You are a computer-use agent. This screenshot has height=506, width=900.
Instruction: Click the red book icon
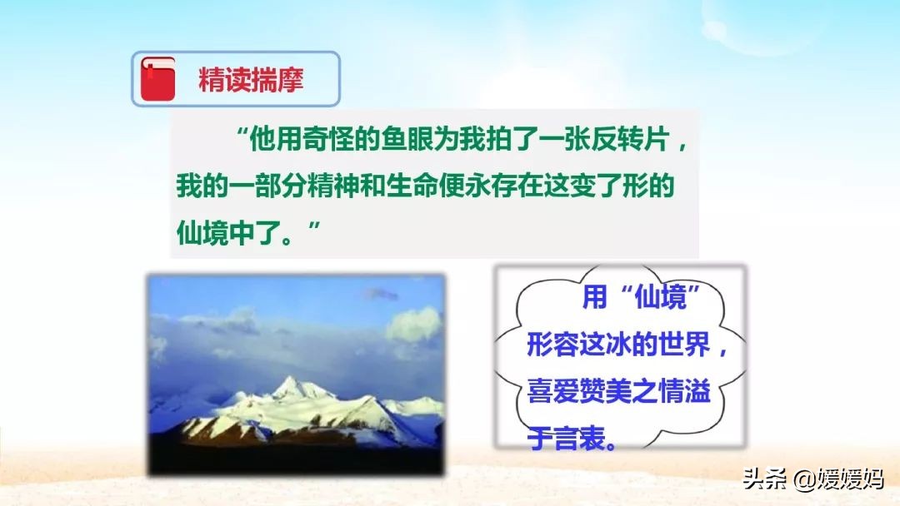157,78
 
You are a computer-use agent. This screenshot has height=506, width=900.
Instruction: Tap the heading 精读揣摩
251,80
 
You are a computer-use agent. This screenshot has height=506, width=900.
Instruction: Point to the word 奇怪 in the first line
328,139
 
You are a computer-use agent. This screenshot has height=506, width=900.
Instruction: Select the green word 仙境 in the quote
202,233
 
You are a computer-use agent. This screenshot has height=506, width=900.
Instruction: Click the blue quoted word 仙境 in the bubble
660,297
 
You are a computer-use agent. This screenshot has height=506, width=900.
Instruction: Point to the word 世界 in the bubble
684,345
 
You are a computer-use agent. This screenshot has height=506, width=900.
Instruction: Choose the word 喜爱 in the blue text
552,391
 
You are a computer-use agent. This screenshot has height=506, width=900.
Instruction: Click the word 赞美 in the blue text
605,391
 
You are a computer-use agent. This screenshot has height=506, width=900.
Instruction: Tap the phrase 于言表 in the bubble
566,439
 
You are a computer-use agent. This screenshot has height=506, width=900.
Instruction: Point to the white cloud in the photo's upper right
414,325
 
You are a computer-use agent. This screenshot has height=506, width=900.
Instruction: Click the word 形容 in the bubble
552,345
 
